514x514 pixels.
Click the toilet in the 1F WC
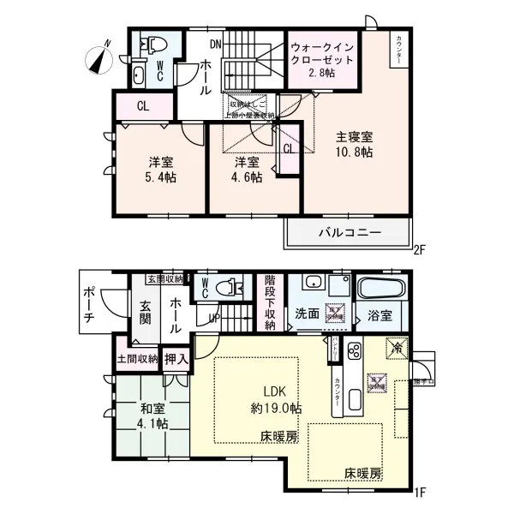pyautogui.click(x=230, y=287)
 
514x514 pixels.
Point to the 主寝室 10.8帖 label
pyautogui.click(x=353, y=144)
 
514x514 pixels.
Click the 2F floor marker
pyautogui.click(x=419, y=251)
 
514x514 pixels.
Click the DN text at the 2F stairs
pyautogui.click(x=216, y=40)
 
